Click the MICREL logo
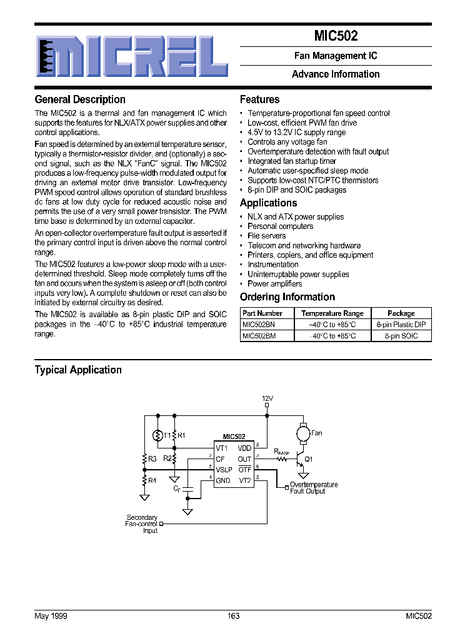[131, 56]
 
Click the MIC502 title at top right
[336, 36]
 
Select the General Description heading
[80, 99]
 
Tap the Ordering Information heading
[287, 297]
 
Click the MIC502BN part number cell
[258, 325]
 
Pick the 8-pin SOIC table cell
[401, 336]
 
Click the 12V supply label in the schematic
[267, 398]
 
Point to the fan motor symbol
[302, 432]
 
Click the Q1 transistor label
[308, 458]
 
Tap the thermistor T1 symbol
[159, 435]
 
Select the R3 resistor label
[152, 458]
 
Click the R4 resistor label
[152, 481]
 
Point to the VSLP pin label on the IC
[224, 470]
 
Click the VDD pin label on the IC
[244, 448]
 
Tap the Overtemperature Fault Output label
[314, 488]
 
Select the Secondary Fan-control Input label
[142, 524]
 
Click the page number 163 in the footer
[233, 616]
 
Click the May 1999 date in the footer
[51, 616]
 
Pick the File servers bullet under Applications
[267, 236]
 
